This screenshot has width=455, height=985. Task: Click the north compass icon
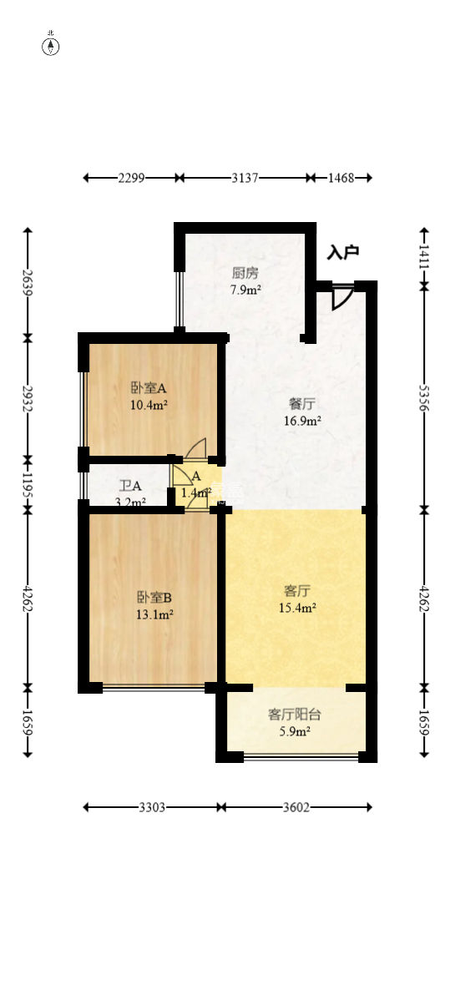pos(51,46)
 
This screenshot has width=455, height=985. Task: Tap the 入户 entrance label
pos(343,251)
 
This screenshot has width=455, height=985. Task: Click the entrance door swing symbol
pos(342,297)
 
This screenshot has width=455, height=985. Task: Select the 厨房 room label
pos(245,273)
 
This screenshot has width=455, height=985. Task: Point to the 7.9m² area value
pos(245,290)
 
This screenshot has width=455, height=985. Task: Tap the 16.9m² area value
pos(301,422)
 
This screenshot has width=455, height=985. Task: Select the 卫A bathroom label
pos(130,486)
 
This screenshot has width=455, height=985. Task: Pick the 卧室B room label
pos(154,598)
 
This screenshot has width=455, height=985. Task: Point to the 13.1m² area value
pos(154,615)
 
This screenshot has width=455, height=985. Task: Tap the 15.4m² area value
pos(296,609)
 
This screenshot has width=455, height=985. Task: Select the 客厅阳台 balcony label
pos(295,715)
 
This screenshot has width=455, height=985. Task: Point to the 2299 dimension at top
pos(132,178)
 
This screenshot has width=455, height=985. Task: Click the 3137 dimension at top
pos(245,178)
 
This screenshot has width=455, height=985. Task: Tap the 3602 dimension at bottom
pos(296,807)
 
